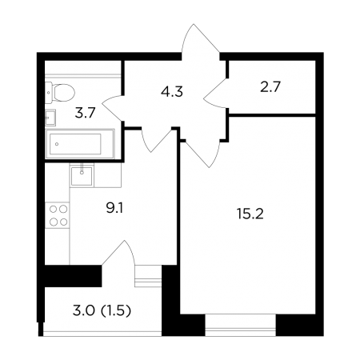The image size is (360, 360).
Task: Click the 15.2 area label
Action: pos(250,214)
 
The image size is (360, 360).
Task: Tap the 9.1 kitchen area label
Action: pos(114,208)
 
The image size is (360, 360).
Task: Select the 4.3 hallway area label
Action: pos(172,92)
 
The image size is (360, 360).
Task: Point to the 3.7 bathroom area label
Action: pos(85,113)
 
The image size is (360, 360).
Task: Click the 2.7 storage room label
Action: pos(270,87)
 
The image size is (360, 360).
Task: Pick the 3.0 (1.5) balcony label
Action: pos(102,311)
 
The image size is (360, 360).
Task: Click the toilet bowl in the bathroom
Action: pos(60,93)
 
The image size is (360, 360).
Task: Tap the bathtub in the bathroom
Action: pos(80,144)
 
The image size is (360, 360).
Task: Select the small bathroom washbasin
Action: pos(50,118)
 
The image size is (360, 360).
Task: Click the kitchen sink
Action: pos(82,176)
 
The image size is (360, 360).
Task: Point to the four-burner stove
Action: pos(58,215)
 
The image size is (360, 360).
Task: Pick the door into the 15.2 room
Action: pos(202,154)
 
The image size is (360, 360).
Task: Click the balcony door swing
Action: pos(118,253)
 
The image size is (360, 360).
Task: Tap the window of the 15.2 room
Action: pos(240,325)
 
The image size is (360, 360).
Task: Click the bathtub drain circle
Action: pos(57,144)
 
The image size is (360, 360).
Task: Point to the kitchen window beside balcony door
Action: pos(148,276)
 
